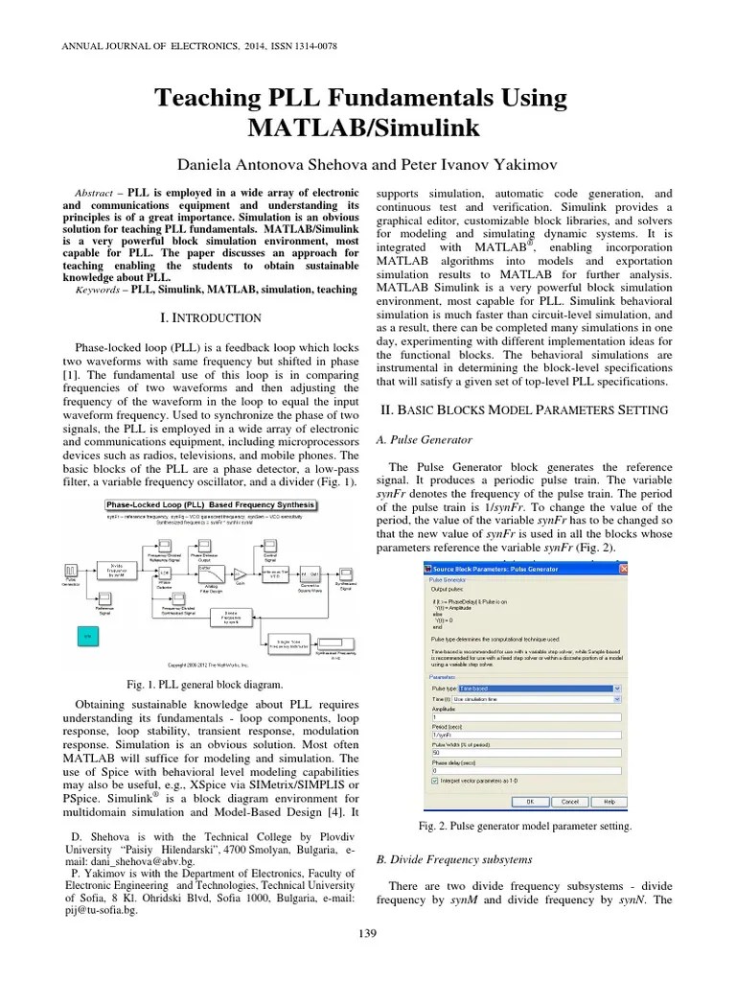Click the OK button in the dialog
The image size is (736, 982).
(x=530, y=801)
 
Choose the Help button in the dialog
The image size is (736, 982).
(x=609, y=801)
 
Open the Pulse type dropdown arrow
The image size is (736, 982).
(x=617, y=688)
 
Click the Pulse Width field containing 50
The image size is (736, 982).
(x=526, y=752)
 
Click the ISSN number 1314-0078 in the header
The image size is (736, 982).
(x=310, y=45)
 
